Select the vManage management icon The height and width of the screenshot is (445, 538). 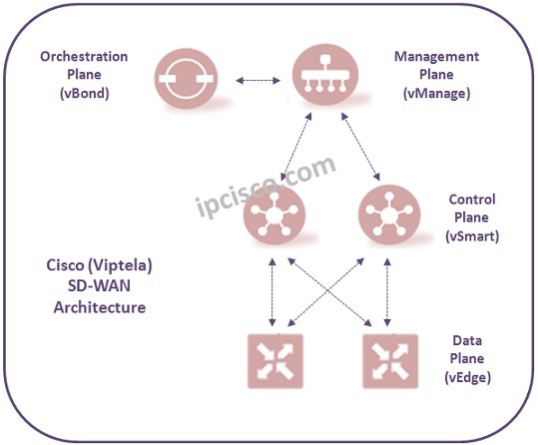click(322, 75)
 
